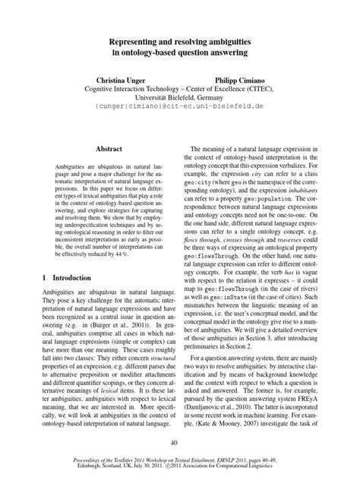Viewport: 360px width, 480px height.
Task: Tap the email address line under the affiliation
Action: [x=180, y=109]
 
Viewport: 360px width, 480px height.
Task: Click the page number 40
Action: [x=180, y=444]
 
